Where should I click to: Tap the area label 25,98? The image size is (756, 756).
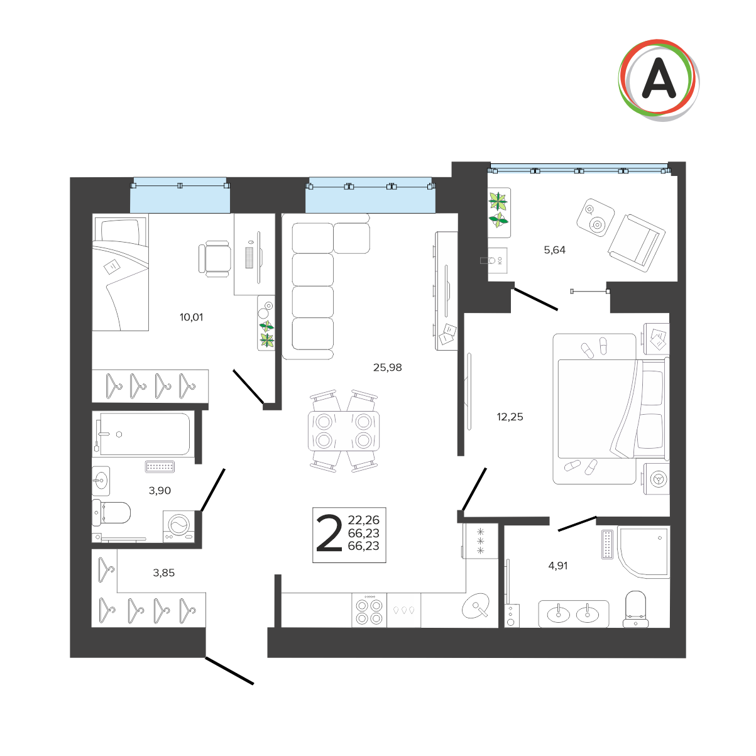pos(387,368)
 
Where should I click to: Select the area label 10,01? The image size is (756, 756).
pos(192,317)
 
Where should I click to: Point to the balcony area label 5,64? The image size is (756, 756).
pos(554,250)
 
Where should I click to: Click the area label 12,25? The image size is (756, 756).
pos(510,417)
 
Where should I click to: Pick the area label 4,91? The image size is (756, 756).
pos(557,566)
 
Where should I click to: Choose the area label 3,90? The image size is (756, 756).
pos(160,490)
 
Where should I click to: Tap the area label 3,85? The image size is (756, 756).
pos(163,572)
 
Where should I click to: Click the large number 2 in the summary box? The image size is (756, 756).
pos(329,533)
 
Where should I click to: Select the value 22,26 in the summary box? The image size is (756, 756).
pos(363,520)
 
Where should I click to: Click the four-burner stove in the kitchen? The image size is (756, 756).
pos(369,610)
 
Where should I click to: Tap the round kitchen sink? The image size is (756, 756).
pos(476,607)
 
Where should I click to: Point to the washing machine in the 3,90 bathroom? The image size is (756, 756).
pos(179,527)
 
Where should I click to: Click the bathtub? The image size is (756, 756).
pos(145,434)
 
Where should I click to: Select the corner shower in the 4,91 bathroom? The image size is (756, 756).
pos(644,552)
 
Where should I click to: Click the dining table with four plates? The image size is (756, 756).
pos(344,430)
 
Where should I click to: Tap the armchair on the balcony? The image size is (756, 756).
pos(637,243)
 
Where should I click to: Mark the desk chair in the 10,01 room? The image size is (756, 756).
pos(214,258)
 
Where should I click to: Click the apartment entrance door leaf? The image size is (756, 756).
pos(229,670)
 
